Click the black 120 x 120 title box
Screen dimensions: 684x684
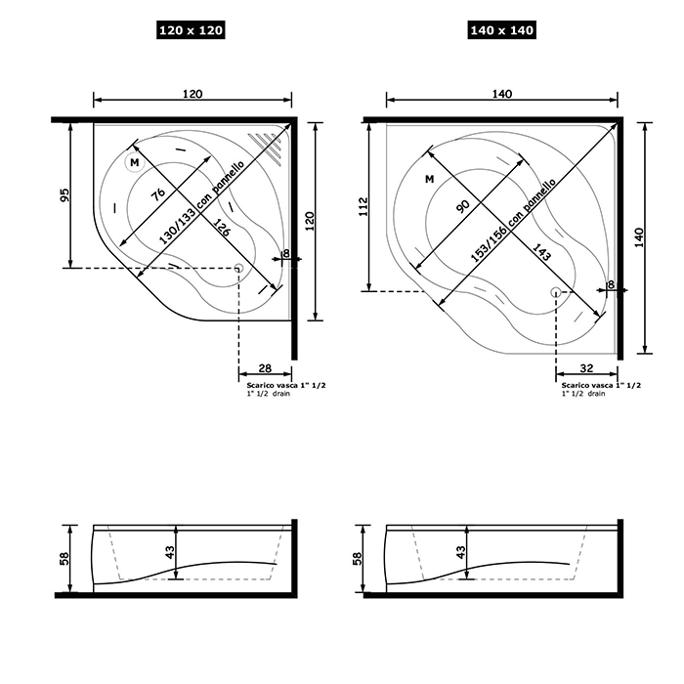pos(191,30)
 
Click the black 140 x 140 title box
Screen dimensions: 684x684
pos(501,30)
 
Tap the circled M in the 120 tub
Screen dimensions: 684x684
pos(135,163)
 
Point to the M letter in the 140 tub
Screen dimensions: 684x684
pos(430,179)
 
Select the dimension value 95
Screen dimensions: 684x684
pos(64,194)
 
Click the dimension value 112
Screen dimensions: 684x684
pos(363,206)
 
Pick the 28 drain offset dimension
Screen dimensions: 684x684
pos(265,368)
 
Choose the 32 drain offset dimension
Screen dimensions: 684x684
pos(586,368)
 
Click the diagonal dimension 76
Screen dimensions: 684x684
pos(158,194)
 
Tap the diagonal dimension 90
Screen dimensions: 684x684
pos(463,206)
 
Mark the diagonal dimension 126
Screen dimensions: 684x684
pos(222,228)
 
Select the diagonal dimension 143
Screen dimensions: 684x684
pos(542,252)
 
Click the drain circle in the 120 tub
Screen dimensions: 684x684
pos(238,268)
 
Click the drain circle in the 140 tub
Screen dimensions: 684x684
pos(556,292)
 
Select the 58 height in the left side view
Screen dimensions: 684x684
pos(64,559)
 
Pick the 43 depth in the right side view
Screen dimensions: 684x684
pos(460,552)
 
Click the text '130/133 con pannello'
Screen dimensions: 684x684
pos(201,202)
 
